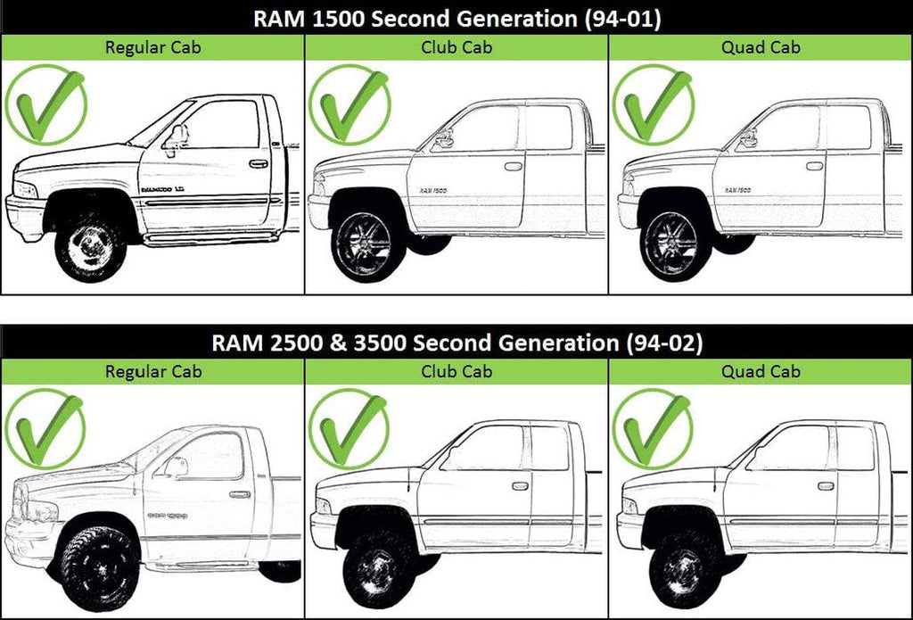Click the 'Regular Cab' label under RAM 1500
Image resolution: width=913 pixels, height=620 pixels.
click(x=152, y=47)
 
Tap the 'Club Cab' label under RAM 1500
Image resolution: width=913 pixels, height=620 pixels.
click(x=456, y=47)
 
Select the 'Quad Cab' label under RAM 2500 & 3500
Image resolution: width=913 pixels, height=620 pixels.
click(x=761, y=371)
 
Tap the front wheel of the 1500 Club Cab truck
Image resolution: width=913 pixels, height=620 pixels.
click(x=365, y=244)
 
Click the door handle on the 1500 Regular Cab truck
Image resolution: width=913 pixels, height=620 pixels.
click(x=258, y=163)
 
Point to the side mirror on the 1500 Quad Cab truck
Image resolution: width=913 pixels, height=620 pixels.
click(x=748, y=139)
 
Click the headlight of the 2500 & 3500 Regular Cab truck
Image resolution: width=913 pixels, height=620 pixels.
click(x=41, y=512)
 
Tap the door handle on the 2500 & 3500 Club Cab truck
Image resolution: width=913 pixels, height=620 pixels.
click(x=520, y=486)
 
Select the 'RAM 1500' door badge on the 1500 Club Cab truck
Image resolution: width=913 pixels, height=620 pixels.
click(x=434, y=191)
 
